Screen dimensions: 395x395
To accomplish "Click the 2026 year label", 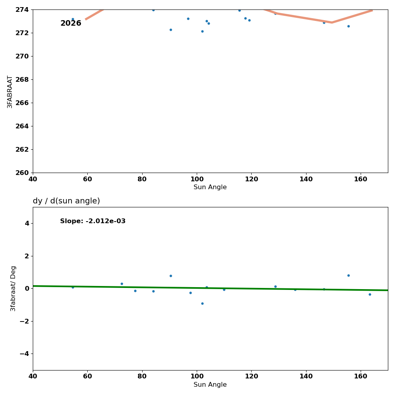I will tap(71, 24).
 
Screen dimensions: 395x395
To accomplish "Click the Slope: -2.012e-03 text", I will tap(93, 221).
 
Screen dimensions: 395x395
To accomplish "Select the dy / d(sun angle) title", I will tap(66, 201).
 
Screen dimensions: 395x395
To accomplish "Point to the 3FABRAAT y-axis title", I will tap(10, 92).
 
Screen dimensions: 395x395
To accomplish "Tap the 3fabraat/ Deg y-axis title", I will tap(13, 288).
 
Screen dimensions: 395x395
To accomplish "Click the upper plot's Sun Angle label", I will tap(210, 187).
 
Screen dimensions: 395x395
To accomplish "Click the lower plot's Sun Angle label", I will tap(210, 385).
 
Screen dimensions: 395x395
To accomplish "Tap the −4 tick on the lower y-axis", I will tap(24, 354).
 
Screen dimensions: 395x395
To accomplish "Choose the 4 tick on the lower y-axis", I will tap(27, 223).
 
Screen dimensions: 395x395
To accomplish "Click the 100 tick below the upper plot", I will tap(197, 179).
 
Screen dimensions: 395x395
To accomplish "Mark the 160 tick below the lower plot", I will tap(361, 377).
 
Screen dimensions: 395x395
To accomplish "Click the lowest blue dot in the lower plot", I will tap(202, 303).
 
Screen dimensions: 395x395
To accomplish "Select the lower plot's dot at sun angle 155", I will tap(348, 275).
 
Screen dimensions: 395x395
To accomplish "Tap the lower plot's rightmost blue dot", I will tap(370, 294).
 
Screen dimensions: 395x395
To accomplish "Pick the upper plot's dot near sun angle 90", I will tap(171, 30).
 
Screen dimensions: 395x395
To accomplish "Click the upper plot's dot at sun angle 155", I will tap(348, 26).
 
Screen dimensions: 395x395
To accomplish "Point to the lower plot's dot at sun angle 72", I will tap(122, 284).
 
